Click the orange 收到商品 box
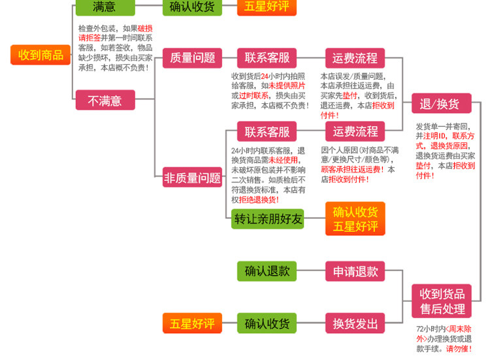click(x=40, y=55)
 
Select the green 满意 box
click(x=105, y=7)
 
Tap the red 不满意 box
click(x=105, y=101)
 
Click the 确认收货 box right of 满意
click(x=191, y=7)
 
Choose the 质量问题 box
click(x=192, y=57)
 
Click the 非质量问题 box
click(x=192, y=177)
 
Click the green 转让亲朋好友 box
click(x=268, y=219)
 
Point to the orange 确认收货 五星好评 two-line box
click(x=355, y=219)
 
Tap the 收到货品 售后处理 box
click(x=442, y=301)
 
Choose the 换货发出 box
click(x=355, y=323)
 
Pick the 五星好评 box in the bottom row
click(x=192, y=323)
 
